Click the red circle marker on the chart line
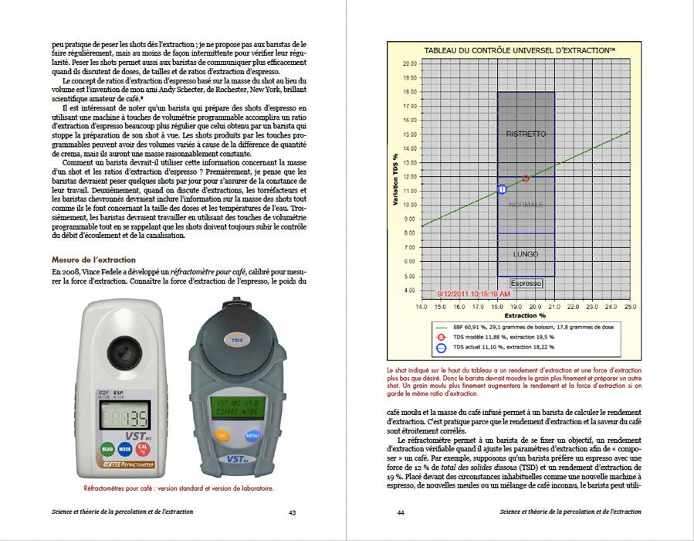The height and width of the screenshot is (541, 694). pyautogui.click(x=526, y=179)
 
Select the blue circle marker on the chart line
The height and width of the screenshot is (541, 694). pyautogui.click(x=502, y=189)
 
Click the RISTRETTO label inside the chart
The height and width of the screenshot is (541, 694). pyautogui.click(x=526, y=134)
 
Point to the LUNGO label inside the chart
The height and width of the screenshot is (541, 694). pyautogui.click(x=526, y=253)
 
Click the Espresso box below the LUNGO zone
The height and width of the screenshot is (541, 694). pyautogui.click(x=526, y=283)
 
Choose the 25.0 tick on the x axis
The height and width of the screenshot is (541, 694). pyautogui.click(x=630, y=307)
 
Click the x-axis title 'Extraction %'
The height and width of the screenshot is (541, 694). pyautogui.click(x=526, y=316)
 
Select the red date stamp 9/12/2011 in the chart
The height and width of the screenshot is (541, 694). pyautogui.click(x=473, y=294)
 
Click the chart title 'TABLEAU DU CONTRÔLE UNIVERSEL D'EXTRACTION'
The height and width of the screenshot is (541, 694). pyautogui.click(x=520, y=49)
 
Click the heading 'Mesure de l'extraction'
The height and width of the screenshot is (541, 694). pyautogui.click(x=93, y=260)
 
